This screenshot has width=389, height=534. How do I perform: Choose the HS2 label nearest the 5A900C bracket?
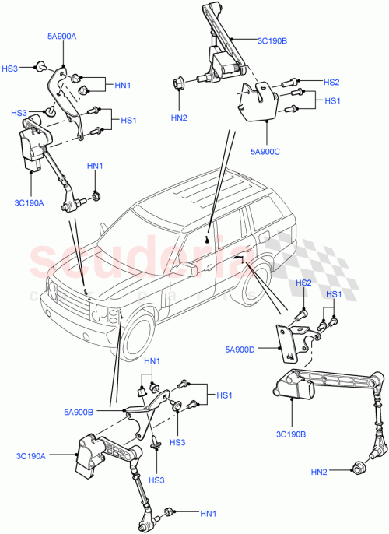pos(331,82)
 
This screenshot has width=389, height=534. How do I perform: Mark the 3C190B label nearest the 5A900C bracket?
pos(272,40)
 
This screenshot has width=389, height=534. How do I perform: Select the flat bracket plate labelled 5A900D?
pos(288,343)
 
